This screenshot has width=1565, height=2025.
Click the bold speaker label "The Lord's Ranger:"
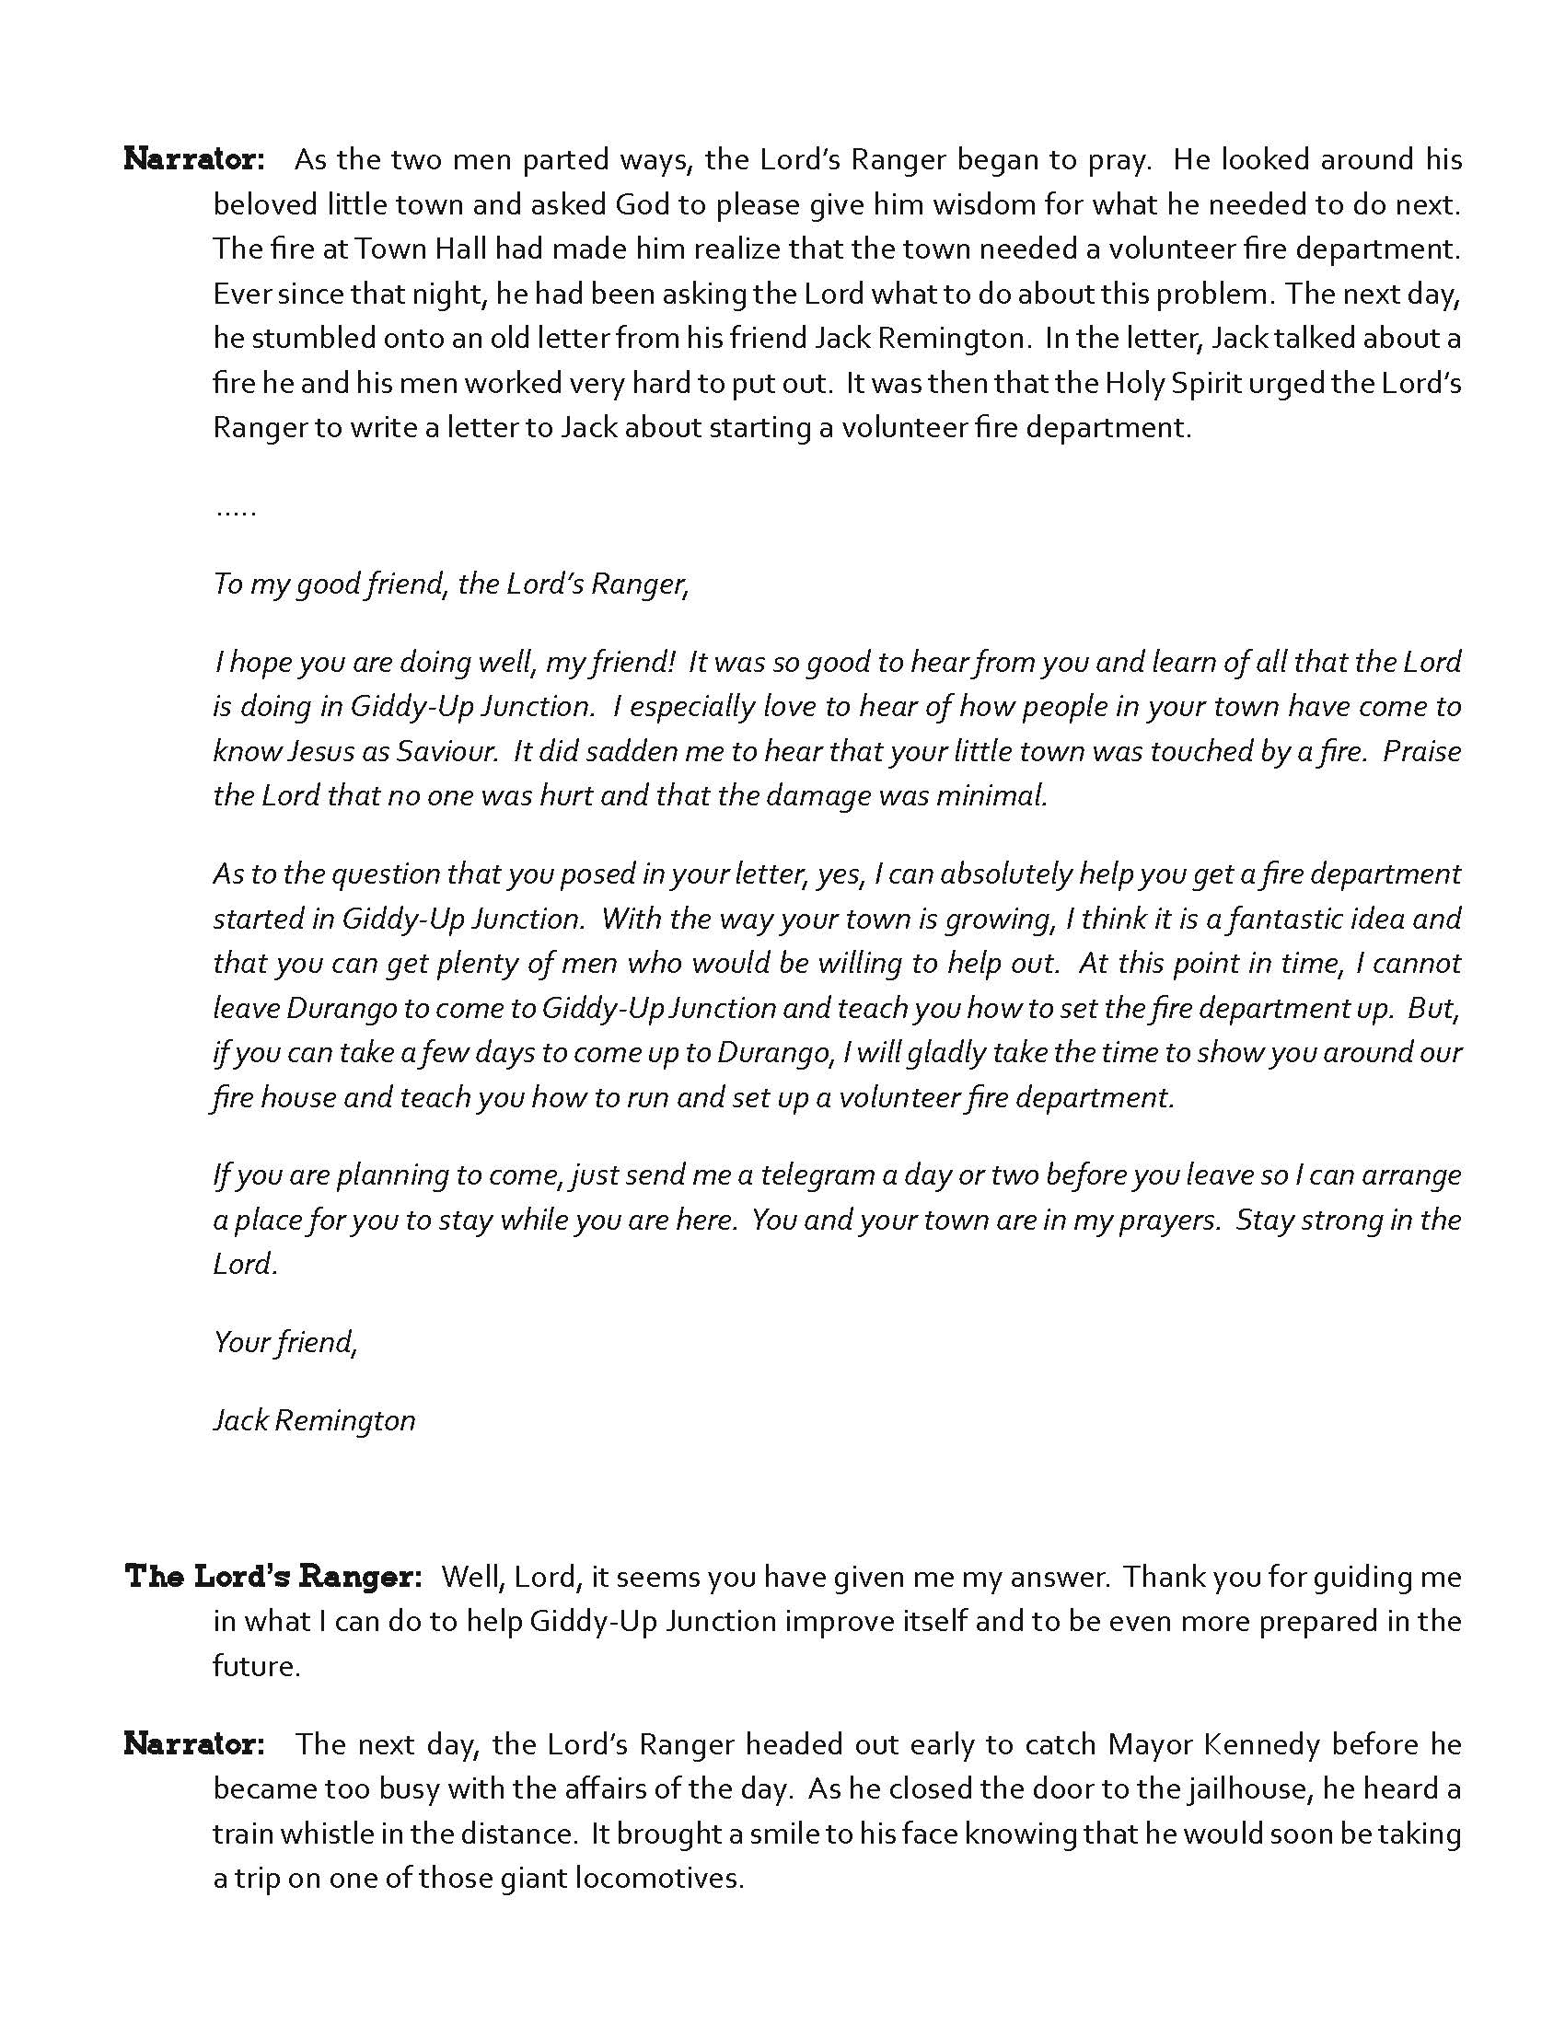[274, 1576]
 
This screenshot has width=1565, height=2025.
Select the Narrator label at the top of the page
[194, 159]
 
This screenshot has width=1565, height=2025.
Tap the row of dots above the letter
[236, 511]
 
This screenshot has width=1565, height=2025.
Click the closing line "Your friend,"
[285, 1342]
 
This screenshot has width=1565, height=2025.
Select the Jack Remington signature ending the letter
[314, 1419]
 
